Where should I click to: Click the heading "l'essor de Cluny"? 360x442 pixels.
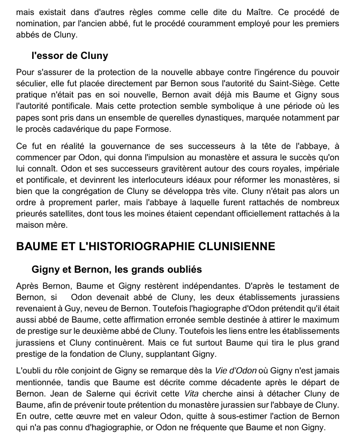coord(70,56)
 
